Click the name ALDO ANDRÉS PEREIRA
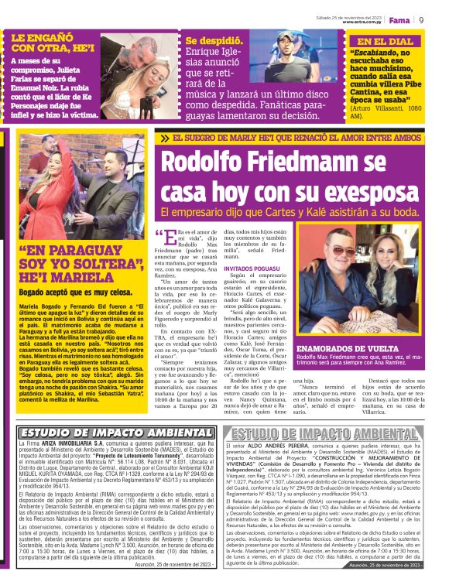click(299, 447)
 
